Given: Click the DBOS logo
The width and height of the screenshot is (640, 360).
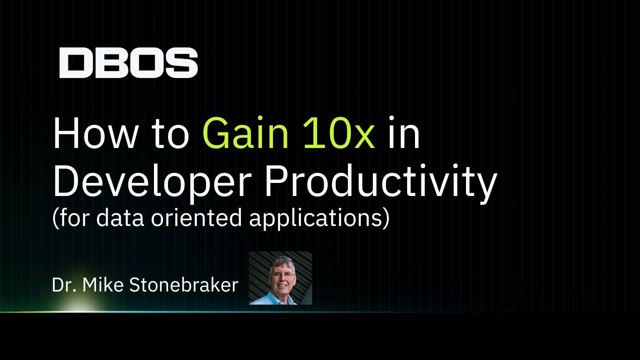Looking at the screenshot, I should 128,63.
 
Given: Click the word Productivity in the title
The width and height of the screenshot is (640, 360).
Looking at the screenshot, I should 381,181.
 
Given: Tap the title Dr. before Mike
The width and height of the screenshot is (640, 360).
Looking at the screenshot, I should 64,285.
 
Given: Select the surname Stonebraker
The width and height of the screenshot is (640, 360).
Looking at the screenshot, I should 183,285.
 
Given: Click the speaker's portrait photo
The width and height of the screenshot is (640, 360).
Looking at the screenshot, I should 280,278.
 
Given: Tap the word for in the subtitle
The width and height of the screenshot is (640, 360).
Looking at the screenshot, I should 74,218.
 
